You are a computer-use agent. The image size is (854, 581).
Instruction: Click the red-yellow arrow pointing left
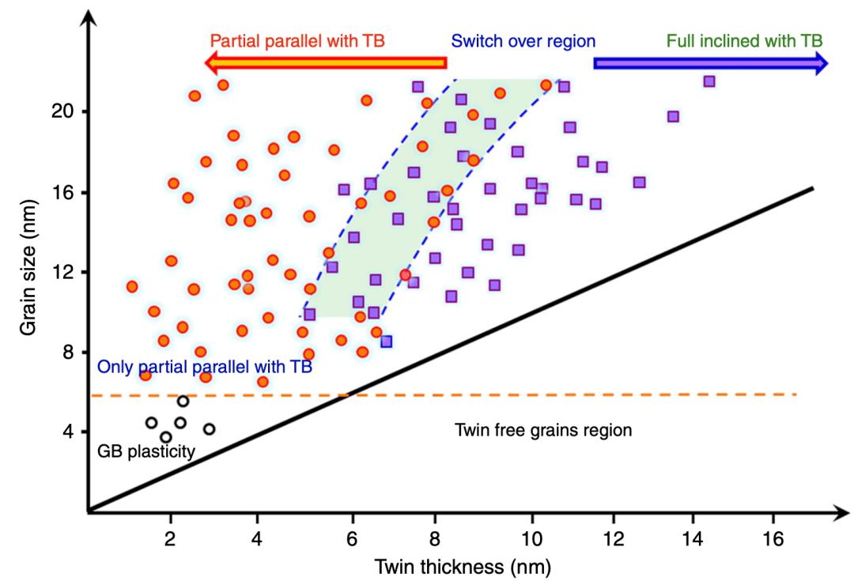tap(324, 63)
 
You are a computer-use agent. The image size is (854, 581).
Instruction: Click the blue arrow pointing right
tap(710, 63)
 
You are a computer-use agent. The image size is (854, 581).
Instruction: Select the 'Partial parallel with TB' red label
tap(297, 40)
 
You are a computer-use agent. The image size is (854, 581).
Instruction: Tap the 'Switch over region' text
tap(523, 40)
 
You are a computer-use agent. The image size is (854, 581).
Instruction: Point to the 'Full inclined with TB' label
tap(744, 40)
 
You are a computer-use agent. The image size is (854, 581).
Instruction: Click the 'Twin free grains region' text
tap(543, 430)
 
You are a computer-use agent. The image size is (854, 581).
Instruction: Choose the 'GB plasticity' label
tap(146, 451)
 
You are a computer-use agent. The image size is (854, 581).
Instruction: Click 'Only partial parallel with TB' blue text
tap(205, 368)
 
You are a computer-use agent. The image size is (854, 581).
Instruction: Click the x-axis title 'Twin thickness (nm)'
tap(463, 566)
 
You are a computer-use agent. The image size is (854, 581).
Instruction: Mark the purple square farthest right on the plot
tap(709, 81)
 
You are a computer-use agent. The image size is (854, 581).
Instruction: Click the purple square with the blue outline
tap(386, 341)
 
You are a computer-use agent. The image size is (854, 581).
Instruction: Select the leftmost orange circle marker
tap(132, 286)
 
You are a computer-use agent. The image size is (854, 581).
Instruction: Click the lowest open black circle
tap(165, 437)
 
